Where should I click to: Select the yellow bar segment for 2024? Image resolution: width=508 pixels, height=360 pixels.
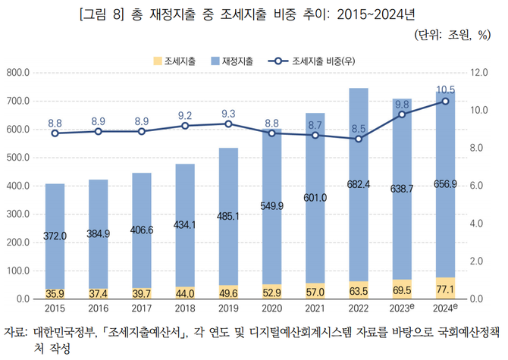click(445, 289)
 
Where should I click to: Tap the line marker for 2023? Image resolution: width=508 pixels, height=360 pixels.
click(402, 114)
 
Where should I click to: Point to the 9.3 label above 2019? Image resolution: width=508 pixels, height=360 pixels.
click(228, 114)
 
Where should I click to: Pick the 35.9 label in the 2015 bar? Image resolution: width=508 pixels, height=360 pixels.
click(55, 293)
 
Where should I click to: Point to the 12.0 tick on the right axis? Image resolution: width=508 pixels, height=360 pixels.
click(479, 73)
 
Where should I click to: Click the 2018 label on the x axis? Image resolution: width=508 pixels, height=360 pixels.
click(185, 308)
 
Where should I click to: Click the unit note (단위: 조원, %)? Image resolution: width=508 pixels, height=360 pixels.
click(453, 36)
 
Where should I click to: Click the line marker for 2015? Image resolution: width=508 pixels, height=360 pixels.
click(55, 133)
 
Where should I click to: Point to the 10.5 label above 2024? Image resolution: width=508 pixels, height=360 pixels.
click(445, 89)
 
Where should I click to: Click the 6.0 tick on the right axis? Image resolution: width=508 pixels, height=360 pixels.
click(477, 186)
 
